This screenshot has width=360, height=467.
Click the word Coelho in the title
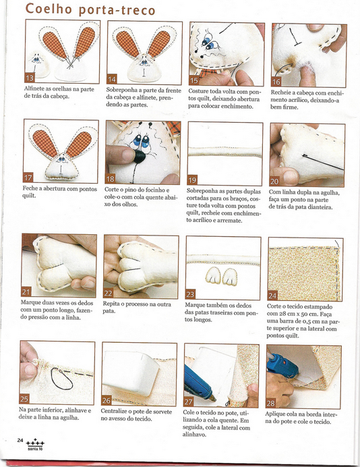click(49, 9)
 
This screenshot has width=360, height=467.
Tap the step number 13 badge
click(30, 78)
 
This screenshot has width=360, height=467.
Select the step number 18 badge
click(110, 179)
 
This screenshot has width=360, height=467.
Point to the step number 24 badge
click(272, 296)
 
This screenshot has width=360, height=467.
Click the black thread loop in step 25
click(61, 379)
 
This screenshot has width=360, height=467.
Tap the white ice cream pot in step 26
click(131, 373)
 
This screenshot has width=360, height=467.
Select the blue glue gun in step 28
click(282, 365)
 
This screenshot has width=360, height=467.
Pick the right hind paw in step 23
click(230, 277)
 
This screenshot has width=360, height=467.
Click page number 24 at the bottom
click(20, 440)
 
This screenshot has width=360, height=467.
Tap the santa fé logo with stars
click(35, 444)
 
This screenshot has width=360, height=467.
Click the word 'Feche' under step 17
click(30, 189)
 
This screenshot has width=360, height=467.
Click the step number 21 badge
click(26, 292)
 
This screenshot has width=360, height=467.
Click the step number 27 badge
click(188, 402)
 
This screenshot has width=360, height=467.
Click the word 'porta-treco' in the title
click(117, 10)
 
